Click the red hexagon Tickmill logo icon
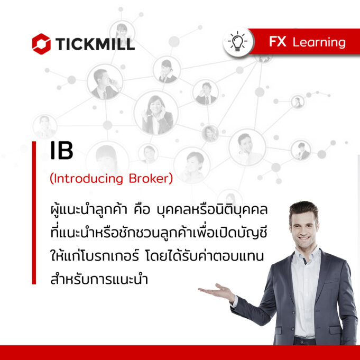tap(41, 44)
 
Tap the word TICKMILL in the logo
tap(95, 44)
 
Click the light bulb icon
tap(238, 42)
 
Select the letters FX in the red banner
tap(278, 42)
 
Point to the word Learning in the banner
tap(319, 43)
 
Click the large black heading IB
tap(61, 150)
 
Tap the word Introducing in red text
tap(88, 179)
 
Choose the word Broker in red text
tap(149, 179)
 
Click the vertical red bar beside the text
tap(34, 213)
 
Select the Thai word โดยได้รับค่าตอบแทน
tap(205, 256)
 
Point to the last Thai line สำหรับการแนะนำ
tap(99, 279)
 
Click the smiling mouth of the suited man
tap(304, 238)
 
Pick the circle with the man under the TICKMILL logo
tap(105, 82)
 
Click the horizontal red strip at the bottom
tap(180, 353)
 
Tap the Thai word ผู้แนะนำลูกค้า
tap(89, 209)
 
